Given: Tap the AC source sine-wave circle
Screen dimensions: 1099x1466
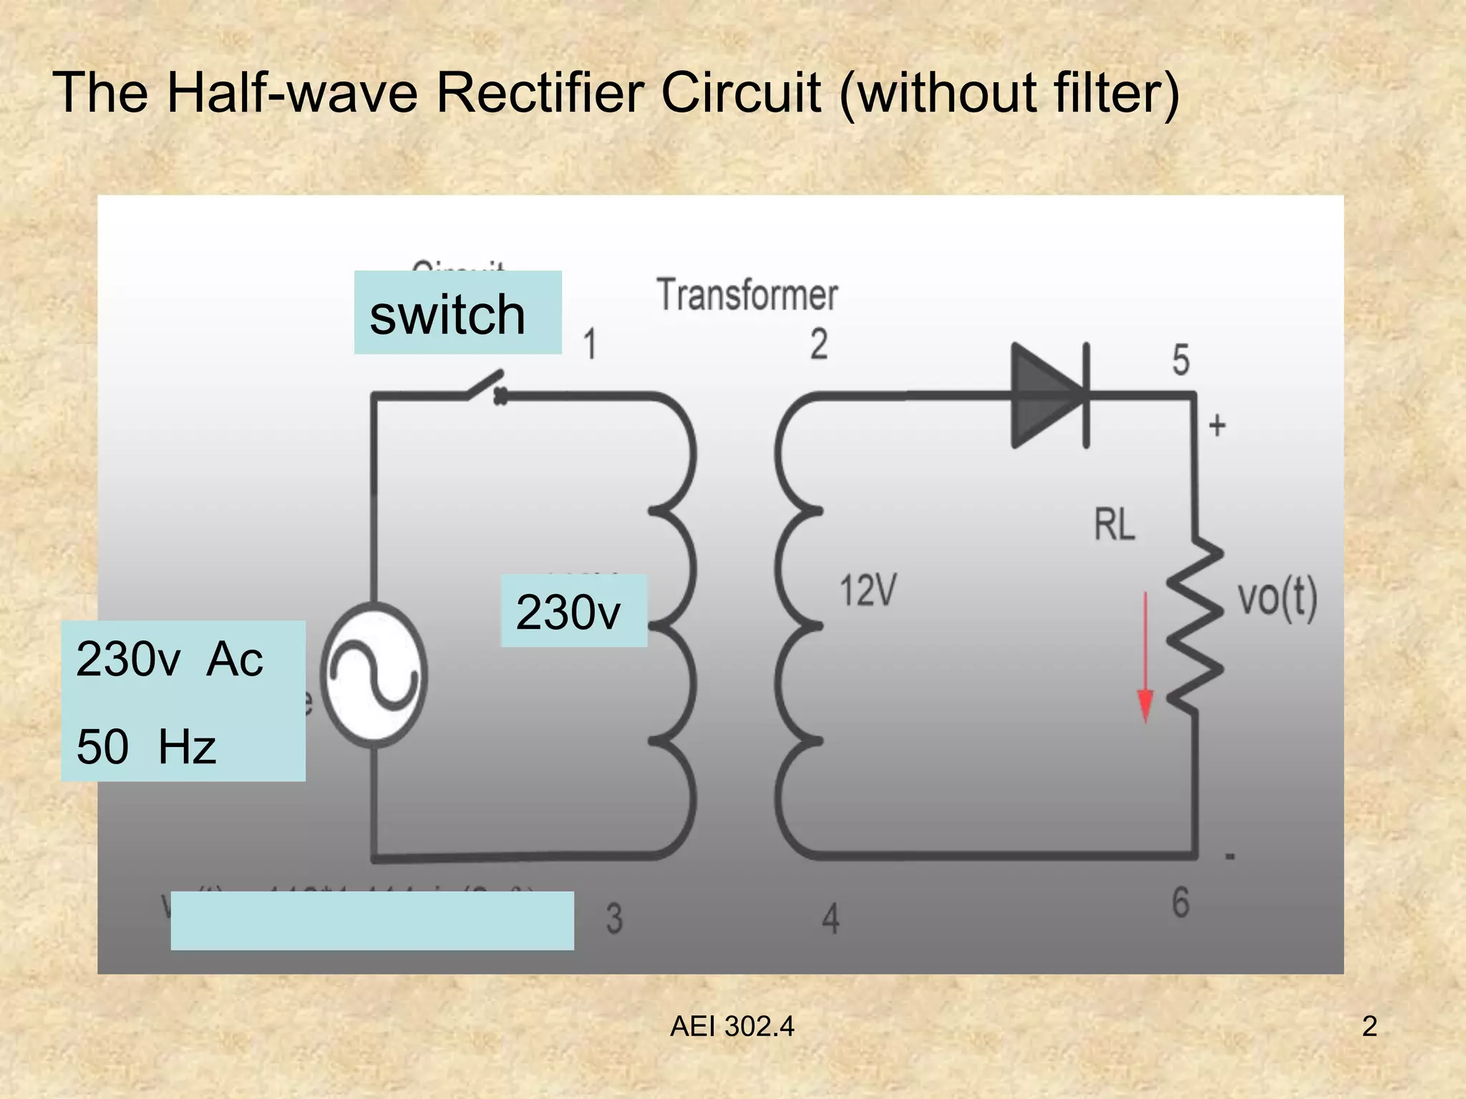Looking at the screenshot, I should click(x=374, y=676).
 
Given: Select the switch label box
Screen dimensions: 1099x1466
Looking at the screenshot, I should click(x=457, y=313).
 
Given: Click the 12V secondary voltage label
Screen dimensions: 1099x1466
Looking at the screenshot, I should click(x=868, y=591).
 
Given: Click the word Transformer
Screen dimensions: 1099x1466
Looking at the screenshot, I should click(x=747, y=295).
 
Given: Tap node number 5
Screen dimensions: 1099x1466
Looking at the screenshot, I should click(x=1180, y=360).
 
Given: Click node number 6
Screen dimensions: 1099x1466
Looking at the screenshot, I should click(x=1180, y=902).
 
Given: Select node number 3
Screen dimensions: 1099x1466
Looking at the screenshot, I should click(x=614, y=919).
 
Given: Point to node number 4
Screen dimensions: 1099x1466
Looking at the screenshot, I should click(x=830, y=919).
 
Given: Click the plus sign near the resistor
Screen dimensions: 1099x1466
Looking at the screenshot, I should click(x=1217, y=426).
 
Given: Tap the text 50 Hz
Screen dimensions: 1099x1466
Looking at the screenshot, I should click(x=146, y=746).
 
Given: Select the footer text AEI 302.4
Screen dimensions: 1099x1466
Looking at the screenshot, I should click(x=732, y=1027).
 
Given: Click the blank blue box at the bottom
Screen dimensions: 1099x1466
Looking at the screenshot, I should click(x=372, y=920).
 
